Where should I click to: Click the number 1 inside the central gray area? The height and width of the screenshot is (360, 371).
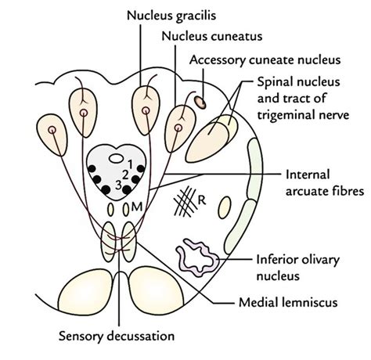pyautogui.click(x=131, y=162)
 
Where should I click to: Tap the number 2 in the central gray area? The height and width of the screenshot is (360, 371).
pyautogui.click(x=124, y=173)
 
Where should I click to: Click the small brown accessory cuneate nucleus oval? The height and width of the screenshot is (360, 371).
pyautogui.click(x=201, y=100)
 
